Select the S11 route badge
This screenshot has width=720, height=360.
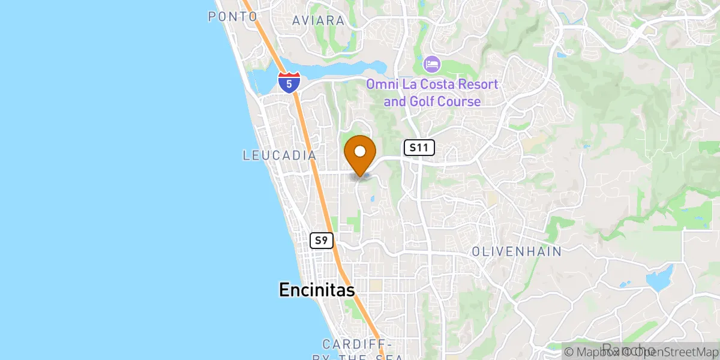[x=419, y=148]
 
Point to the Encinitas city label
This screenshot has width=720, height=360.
[x=317, y=290]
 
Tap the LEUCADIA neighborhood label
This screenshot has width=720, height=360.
[x=279, y=155]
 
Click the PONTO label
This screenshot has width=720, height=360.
[x=233, y=17]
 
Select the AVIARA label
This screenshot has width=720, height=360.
[x=319, y=20]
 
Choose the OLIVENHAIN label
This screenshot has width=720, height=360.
[x=517, y=251]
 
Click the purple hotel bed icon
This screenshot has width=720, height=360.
[x=432, y=64]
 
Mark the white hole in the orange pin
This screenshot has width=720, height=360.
[x=360, y=151]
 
